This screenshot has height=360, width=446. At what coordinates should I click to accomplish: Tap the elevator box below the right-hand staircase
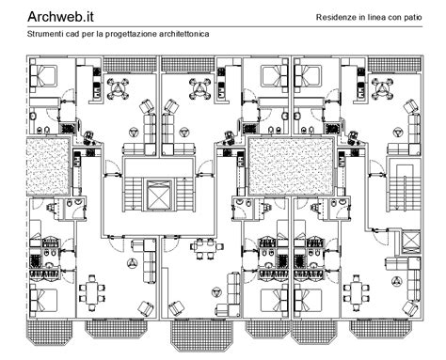(411, 238)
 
